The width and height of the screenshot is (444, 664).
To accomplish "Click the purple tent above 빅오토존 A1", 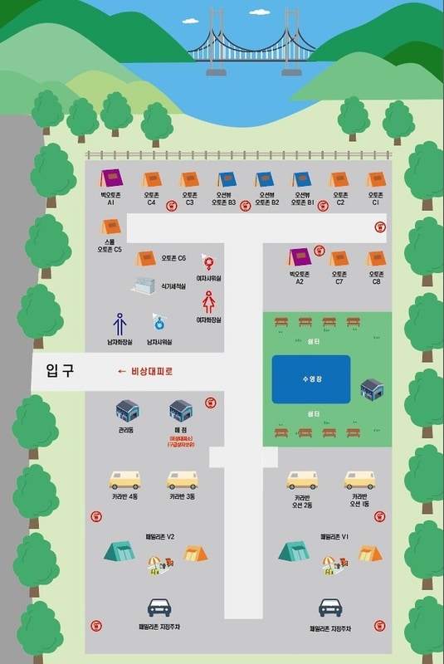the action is pos(111,178).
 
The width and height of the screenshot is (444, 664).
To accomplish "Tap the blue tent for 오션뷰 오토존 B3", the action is pos(227,179).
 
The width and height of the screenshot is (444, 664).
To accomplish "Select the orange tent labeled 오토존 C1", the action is pos(376,179).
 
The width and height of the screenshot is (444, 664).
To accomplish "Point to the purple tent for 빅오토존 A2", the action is pos(299,258).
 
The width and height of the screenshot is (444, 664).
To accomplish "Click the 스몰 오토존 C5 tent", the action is pos(111,226).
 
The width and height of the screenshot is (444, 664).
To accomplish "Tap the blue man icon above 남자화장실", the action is pos(119,323).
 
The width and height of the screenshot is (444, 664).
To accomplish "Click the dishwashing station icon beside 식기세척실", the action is pos(144,285).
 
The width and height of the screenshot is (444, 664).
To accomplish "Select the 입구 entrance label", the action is pos(61,371).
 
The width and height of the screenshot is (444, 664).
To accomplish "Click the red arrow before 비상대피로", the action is pos(122,371).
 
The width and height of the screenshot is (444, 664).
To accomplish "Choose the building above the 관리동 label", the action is pos(127,409).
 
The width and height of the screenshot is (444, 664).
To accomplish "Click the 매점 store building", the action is pos(181,409).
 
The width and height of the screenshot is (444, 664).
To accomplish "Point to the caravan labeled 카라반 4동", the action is pos(125,481).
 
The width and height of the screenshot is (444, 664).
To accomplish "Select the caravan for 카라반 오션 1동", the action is pos(360,481).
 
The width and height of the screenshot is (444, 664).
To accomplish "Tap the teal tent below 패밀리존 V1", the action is pos(295,551).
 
